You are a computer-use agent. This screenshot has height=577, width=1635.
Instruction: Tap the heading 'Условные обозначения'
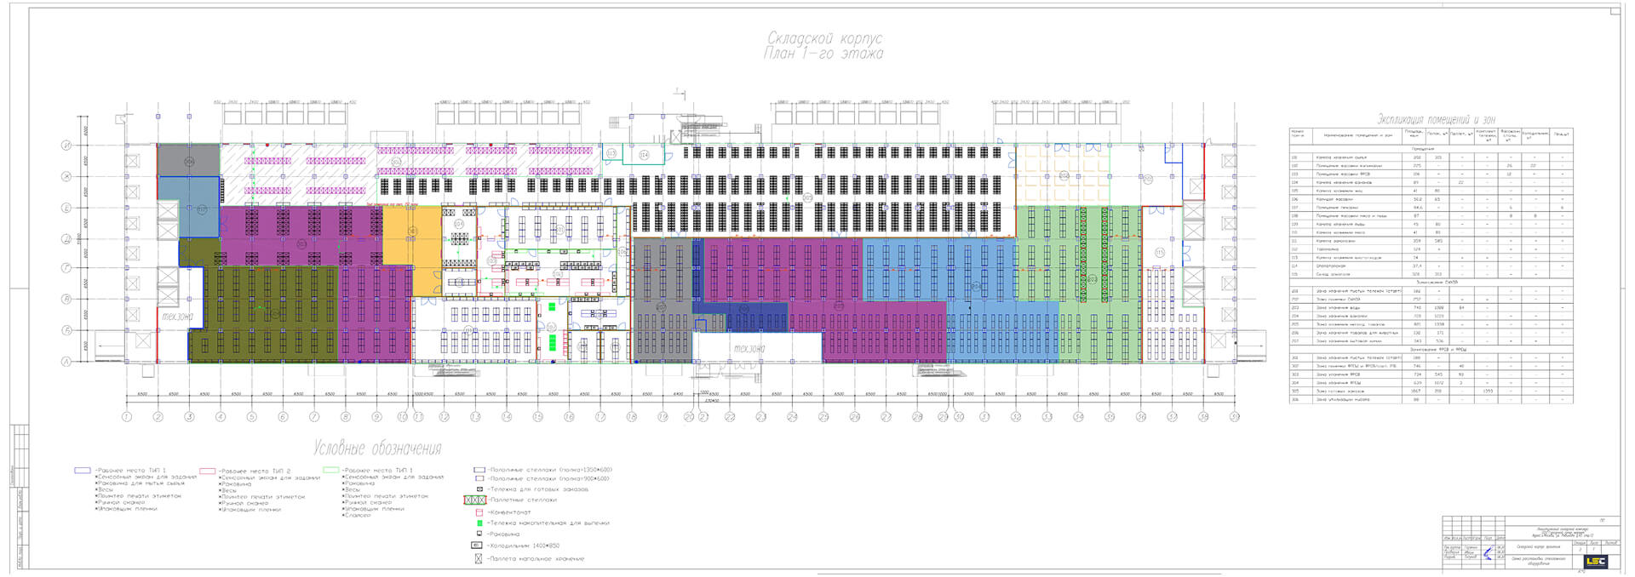pyautogui.click(x=376, y=448)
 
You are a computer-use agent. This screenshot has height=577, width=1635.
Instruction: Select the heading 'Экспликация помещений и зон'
pyautogui.click(x=1436, y=120)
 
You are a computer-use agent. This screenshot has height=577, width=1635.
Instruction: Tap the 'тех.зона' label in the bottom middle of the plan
pyautogui.click(x=749, y=348)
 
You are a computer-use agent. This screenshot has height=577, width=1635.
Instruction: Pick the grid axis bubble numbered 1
pyautogui.click(x=126, y=417)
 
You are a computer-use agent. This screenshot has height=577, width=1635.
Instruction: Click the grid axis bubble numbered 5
pyautogui.click(x=251, y=417)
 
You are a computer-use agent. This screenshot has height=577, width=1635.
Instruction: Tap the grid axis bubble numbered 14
pyautogui.click(x=507, y=417)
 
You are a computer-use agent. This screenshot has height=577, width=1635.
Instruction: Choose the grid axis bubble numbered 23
pyautogui.click(x=760, y=417)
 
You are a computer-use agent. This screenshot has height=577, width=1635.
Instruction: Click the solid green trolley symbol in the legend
pyautogui.click(x=479, y=523)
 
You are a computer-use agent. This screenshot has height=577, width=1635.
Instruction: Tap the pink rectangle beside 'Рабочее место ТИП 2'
pyautogui.click(x=207, y=471)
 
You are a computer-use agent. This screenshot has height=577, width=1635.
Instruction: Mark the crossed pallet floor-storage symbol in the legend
pyautogui.click(x=479, y=559)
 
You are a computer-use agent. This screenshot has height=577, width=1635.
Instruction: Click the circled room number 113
pyautogui.click(x=611, y=154)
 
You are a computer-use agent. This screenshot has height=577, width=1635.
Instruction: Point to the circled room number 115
pyautogui.click(x=1159, y=253)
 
